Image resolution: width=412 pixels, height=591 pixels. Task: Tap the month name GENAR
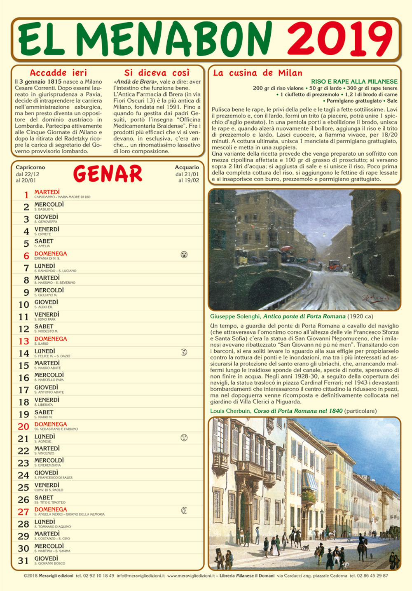coord(108,174)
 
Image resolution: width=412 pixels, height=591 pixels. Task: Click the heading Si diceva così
coord(157,73)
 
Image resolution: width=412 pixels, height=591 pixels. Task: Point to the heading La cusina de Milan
coord(257,73)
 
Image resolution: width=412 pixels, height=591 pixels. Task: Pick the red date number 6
coord(26,256)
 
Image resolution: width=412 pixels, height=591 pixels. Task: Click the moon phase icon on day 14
coord(184,352)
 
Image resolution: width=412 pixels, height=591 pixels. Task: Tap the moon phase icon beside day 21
coord(184,437)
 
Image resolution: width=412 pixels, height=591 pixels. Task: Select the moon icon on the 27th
coord(184,511)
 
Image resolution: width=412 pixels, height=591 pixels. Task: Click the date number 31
coord(23,561)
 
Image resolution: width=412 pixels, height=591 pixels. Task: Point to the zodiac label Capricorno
coord(30,167)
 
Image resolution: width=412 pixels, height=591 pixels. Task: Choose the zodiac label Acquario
coord(187,167)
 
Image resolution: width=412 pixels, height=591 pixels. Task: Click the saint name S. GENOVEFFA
coord(46,222)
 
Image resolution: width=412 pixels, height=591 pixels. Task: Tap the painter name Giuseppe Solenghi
coord(235,316)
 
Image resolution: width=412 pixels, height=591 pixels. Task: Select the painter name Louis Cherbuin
coord(230,411)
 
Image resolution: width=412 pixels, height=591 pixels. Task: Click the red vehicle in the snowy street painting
coord(334,265)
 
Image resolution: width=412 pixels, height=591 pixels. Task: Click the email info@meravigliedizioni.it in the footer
coord(140,576)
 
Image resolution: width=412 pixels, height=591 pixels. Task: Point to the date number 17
coord(23,390)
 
